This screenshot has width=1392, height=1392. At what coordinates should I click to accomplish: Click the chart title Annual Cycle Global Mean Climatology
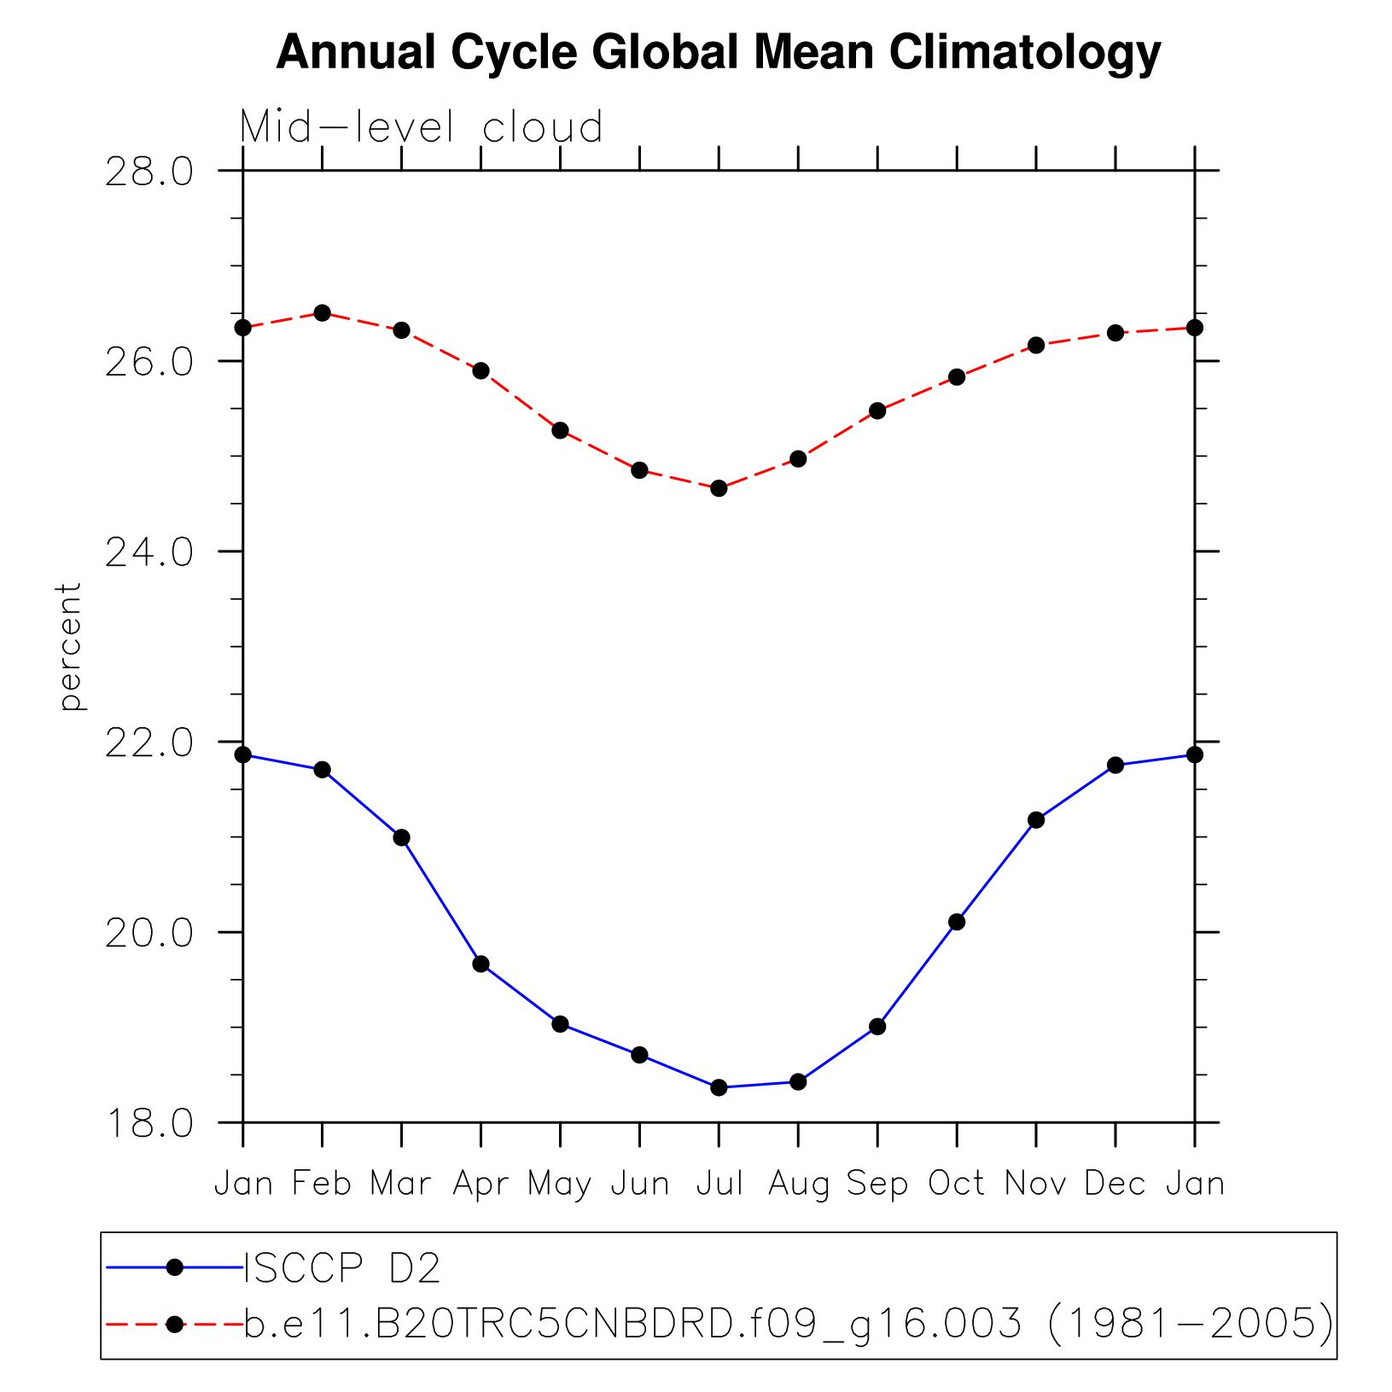coord(718,53)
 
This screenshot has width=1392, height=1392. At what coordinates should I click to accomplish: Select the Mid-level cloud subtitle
coord(421,127)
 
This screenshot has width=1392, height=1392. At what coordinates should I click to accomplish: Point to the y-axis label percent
coord(70,646)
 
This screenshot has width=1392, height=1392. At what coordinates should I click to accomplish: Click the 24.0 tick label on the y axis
coord(149,552)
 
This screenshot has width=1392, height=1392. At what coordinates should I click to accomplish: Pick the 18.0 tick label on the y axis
coord(149,1123)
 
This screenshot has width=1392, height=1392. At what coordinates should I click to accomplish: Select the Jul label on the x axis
coord(719,1184)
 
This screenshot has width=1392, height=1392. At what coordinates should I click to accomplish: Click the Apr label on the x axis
coord(481,1185)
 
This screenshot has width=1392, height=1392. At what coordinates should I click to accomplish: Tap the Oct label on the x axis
coord(956,1184)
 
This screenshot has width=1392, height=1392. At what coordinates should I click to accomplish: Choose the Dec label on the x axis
coord(1115,1184)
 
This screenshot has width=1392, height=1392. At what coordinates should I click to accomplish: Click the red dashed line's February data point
coord(322,313)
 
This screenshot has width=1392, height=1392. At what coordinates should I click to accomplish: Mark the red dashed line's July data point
coord(719,488)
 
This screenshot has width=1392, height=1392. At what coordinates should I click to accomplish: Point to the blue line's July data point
coord(719,1087)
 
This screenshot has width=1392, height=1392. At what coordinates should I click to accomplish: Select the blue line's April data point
coord(481,964)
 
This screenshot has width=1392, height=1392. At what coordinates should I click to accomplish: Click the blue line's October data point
coord(957,922)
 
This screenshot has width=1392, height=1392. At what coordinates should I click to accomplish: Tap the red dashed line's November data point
coord(1036,345)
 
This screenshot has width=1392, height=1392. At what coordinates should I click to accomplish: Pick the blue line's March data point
coord(401,837)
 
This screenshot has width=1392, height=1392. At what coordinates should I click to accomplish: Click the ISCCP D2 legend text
coord(342,1269)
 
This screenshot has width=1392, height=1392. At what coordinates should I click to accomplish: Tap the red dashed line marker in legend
coord(174,1324)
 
